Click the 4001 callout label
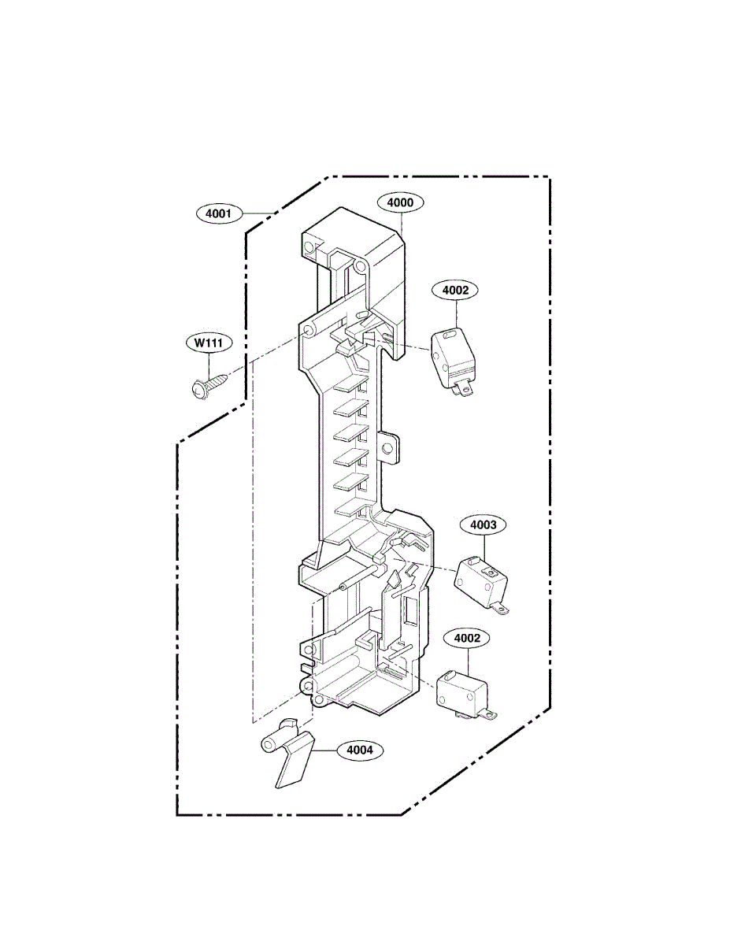coord(218,213)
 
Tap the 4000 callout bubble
coord(400,202)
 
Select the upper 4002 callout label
coord(455,290)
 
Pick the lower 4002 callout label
coord(465,638)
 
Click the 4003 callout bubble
coord(488,524)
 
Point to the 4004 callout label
coord(359,750)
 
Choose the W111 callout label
coord(209,343)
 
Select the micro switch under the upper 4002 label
coord(452,358)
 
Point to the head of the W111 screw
coord(197,388)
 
